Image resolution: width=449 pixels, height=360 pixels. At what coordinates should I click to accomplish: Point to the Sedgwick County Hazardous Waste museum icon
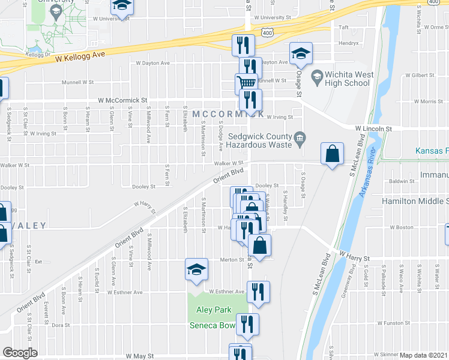tap(299, 140)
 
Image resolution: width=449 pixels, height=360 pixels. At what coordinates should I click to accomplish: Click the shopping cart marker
tap(246, 83)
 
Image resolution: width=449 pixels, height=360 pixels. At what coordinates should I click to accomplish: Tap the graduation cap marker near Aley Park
tap(196, 270)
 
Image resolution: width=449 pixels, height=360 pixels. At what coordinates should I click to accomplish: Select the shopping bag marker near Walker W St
tap(332, 154)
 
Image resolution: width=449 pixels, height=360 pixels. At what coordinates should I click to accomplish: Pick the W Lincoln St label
tap(373, 128)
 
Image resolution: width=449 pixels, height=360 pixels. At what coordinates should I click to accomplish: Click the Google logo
tap(20, 353)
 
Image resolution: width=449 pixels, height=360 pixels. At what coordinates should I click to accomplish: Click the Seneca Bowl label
tap(211, 326)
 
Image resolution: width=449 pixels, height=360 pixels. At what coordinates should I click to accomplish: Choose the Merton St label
tap(231, 259)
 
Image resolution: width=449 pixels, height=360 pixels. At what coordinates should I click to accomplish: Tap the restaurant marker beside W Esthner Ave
tap(258, 292)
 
